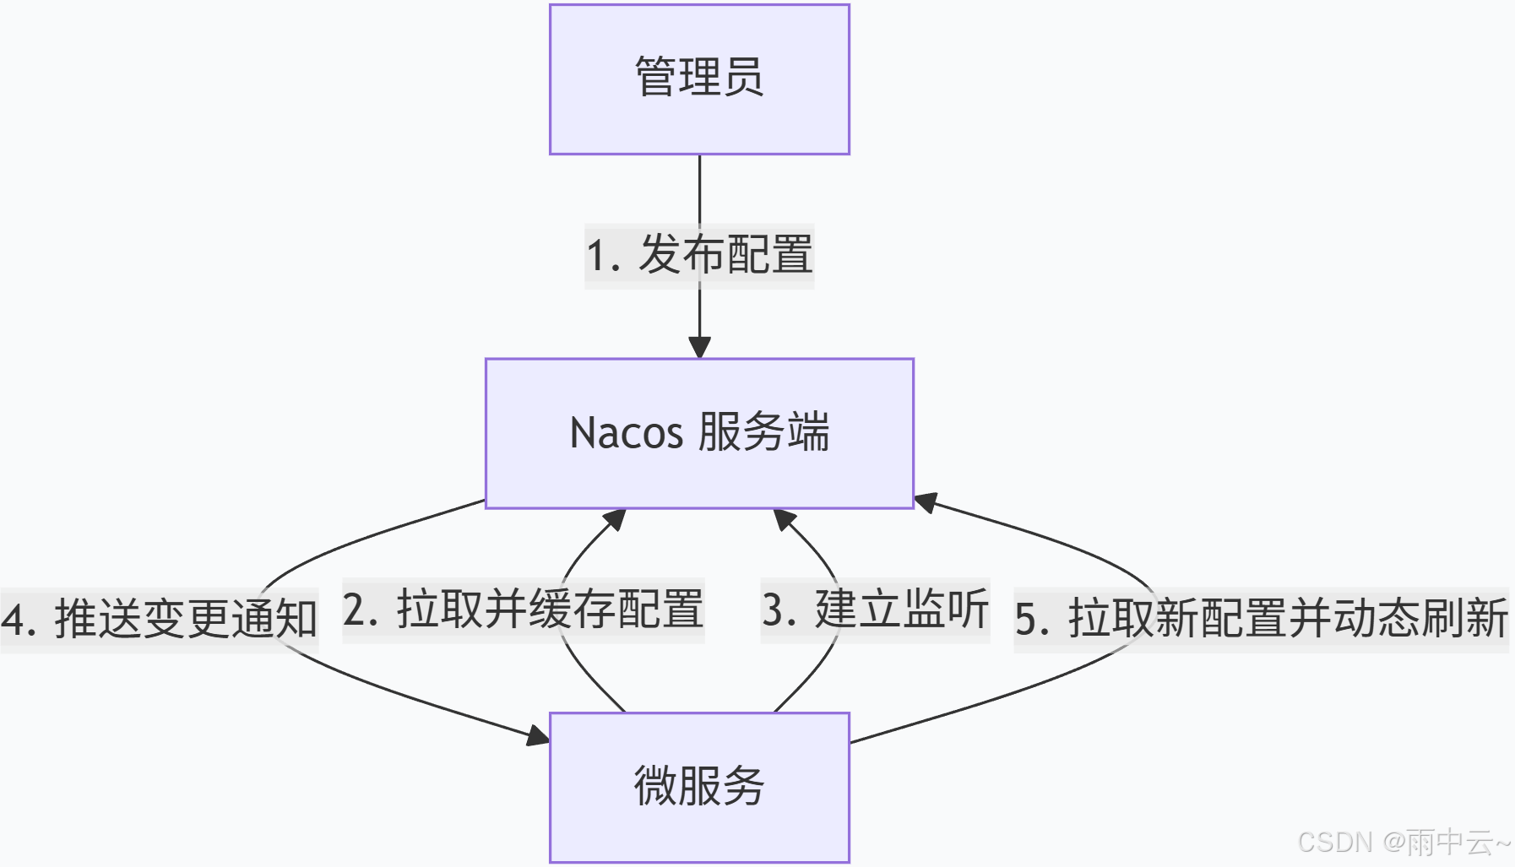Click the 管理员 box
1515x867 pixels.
pyautogui.click(x=699, y=79)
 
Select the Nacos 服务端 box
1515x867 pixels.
pyautogui.click(x=699, y=433)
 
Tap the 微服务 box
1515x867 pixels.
pyautogui.click(x=699, y=787)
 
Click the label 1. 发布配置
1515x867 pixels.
pyautogui.click(x=699, y=255)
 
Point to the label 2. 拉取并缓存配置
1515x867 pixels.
pyautogui.click(x=523, y=610)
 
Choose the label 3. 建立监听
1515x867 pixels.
pyautogui.click(x=875, y=610)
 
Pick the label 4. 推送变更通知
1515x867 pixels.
pyautogui.click(x=159, y=619)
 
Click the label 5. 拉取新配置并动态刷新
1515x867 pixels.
pyautogui.click(x=1261, y=619)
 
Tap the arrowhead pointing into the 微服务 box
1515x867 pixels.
pyautogui.click(x=538, y=736)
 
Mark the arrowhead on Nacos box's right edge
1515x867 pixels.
pyautogui.click(x=926, y=502)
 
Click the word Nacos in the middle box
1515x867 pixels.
pyautogui.click(x=626, y=433)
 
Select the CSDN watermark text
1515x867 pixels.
pyautogui.click(x=1335, y=842)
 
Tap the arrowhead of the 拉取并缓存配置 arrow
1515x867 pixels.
pyautogui.click(x=615, y=519)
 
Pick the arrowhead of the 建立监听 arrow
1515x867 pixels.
pyautogui.click(x=785, y=519)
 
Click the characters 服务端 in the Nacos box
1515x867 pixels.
pyautogui.click(x=763, y=432)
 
